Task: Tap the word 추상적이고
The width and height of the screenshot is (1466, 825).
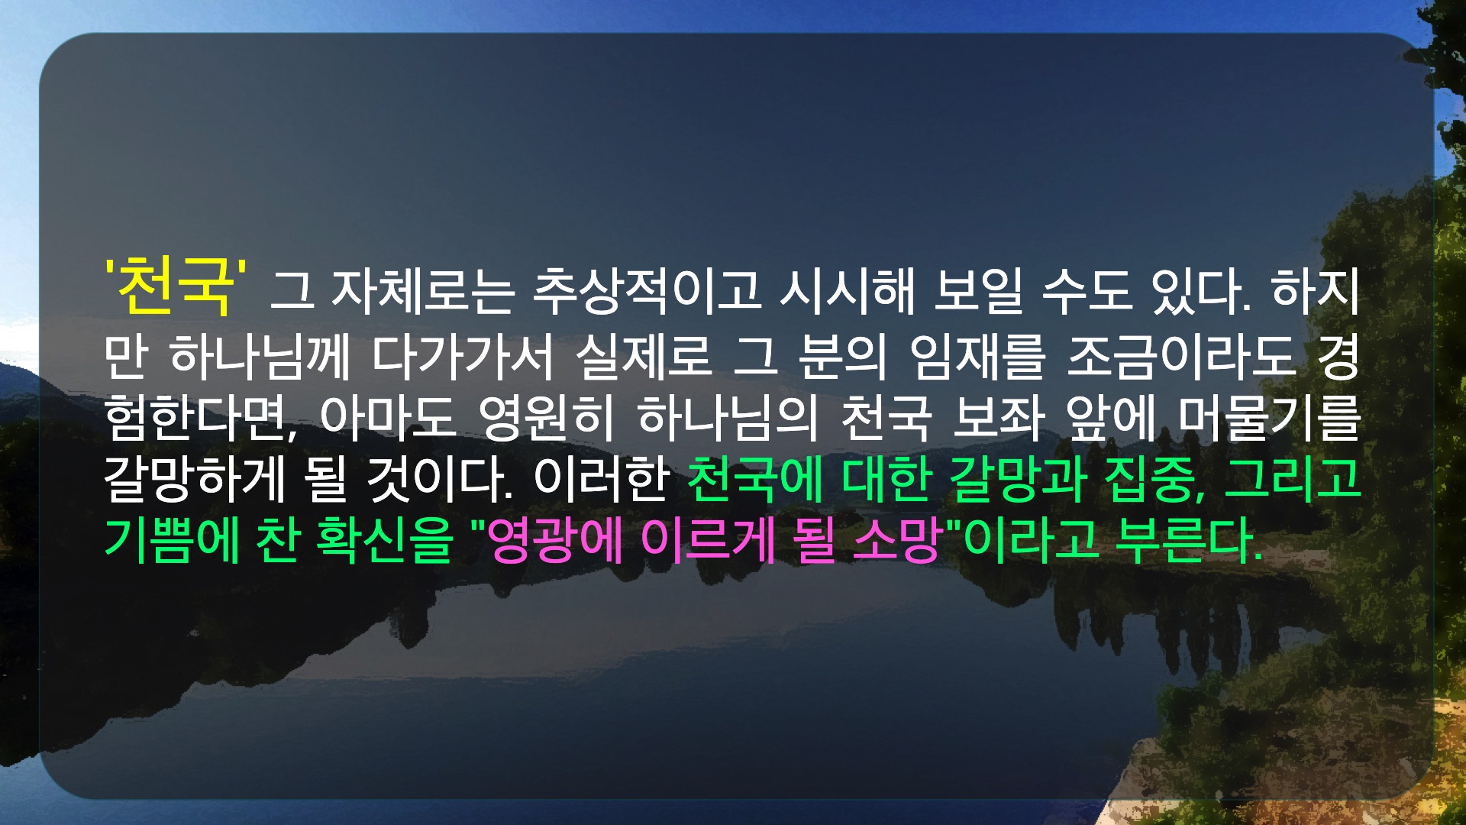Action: (646, 292)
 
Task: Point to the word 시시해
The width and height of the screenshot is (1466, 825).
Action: (847, 292)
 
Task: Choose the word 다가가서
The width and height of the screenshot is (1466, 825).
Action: (463, 357)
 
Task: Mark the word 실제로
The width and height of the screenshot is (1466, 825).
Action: (644, 357)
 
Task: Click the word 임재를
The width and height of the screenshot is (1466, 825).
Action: (978, 357)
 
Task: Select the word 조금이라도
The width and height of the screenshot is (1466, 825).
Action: (1181, 357)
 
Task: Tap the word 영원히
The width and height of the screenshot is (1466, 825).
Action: (546, 418)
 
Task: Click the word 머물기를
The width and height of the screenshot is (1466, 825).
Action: (1271, 418)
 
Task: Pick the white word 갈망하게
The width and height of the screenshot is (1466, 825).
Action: (195, 479)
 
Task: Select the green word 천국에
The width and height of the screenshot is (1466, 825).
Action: (755, 479)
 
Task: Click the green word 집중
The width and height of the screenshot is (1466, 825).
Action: (1151, 479)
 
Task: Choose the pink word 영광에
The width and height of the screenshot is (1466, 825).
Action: (556, 540)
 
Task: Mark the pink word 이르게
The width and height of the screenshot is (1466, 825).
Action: (708, 540)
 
